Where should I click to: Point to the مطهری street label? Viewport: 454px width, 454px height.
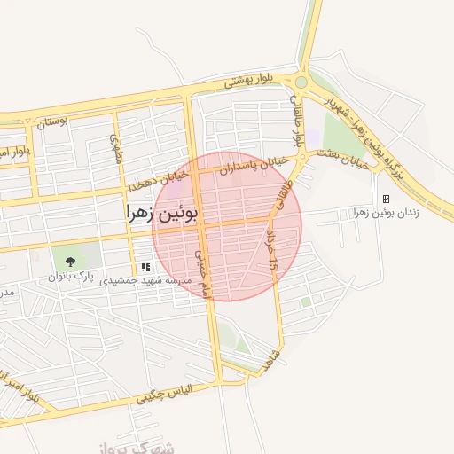point(113,148)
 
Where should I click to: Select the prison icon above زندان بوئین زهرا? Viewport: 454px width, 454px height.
point(386,199)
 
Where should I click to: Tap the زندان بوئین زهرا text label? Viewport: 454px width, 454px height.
point(385,213)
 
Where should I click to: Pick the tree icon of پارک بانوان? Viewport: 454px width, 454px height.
point(70,261)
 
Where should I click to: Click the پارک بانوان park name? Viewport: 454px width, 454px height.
point(72,277)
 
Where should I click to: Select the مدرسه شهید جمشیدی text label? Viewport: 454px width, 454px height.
point(145,280)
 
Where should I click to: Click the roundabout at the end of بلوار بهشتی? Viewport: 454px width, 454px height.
point(301,82)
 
